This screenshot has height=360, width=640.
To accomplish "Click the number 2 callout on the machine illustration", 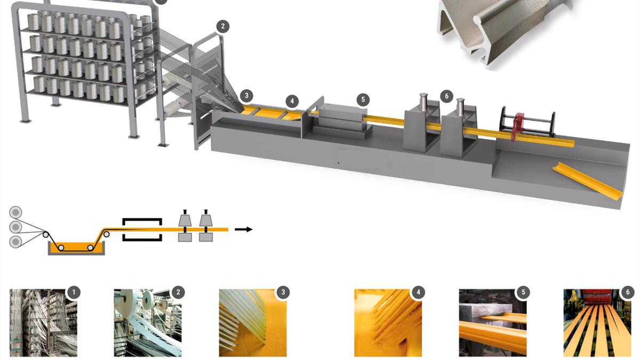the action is tap(222, 27).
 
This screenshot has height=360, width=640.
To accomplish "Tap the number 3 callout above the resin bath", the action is tap(246, 95).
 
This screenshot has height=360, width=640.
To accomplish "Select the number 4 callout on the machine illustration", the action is tap(292, 101).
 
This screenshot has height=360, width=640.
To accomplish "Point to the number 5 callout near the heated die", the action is tap(363, 100).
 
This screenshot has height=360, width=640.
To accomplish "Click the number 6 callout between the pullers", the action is tap(446, 97).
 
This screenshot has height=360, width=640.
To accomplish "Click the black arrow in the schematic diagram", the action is tap(243, 229).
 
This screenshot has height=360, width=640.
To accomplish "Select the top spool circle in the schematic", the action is tap(15, 213).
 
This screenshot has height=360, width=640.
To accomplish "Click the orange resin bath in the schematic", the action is tap(76, 247).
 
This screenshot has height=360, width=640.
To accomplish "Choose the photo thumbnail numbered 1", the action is tap(43, 323).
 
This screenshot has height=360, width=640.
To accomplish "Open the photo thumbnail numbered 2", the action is tap(148, 323).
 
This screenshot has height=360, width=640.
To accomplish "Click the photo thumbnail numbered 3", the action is tap(253, 323).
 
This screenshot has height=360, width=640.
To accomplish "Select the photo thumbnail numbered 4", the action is tap(388, 323).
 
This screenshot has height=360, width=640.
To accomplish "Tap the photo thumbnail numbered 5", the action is tap(493, 323).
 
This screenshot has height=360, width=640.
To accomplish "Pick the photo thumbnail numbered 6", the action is tap(597, 323).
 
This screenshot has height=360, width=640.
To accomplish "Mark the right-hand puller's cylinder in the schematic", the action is tap(205, 220).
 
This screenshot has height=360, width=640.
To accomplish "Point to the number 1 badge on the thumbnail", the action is tap(74, 292).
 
